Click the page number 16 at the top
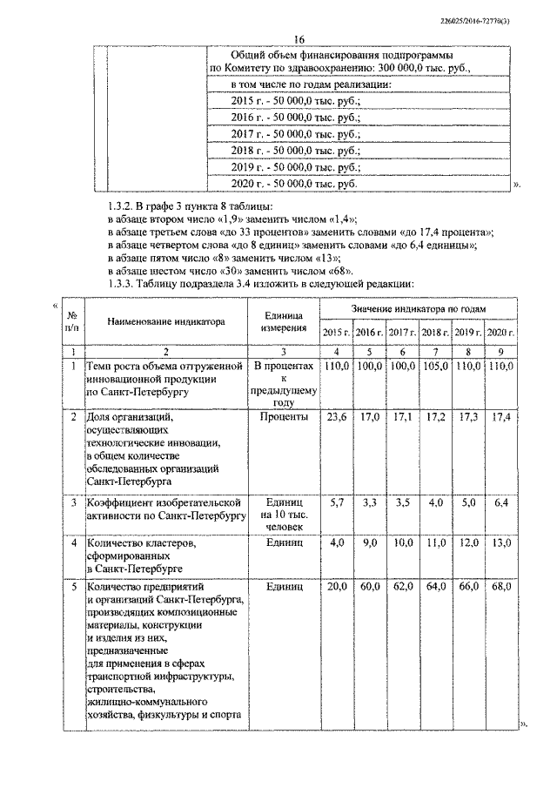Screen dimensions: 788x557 (299, 40)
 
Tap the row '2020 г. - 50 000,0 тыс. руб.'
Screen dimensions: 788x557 (294, 184)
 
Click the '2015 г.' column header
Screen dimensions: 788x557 (336, 332)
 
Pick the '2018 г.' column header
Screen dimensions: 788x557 (433, 332)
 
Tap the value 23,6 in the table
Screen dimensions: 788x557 (335, 417)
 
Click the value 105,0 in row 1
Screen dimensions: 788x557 (433, 368)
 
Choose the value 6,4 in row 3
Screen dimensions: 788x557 (499, 503)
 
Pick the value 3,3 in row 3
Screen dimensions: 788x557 (369, 503)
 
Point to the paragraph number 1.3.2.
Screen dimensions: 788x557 (120, 206)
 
